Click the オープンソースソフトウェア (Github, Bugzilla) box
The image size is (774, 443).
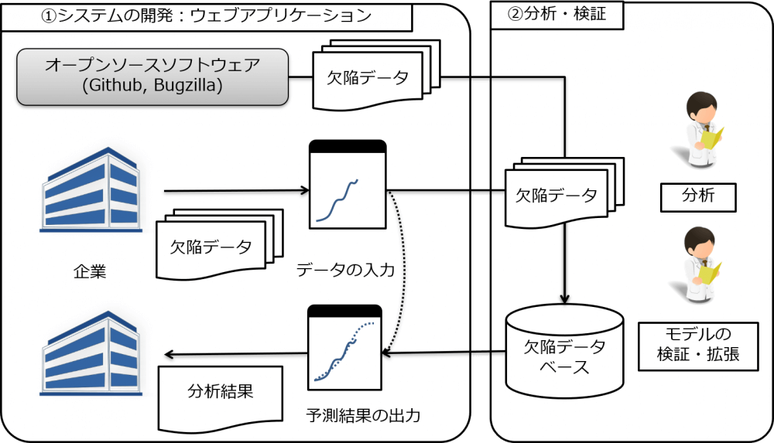pos(152,77)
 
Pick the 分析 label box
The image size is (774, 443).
pos(697,198)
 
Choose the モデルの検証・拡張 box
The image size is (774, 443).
pos(697,346)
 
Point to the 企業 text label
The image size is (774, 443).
pos(90,271)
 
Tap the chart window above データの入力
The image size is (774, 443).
pos(348,185)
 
